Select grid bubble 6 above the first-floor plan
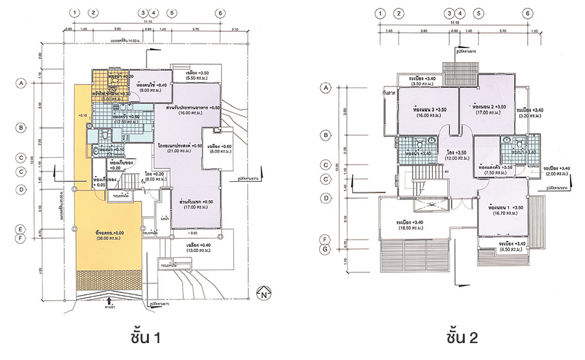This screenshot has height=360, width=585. (220, 13)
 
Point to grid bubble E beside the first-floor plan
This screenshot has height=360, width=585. (21, 229)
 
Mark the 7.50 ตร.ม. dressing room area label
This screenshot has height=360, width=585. (496, 174)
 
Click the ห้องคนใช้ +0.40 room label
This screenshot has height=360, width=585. (152, 85)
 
